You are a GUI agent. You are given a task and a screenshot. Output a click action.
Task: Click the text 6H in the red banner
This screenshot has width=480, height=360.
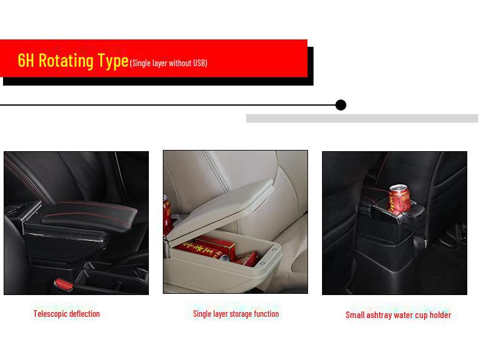point(26,60)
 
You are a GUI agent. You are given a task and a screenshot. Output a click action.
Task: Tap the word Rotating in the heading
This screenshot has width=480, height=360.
point(66,60)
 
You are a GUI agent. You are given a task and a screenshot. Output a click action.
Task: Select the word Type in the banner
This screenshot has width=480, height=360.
point(113,61)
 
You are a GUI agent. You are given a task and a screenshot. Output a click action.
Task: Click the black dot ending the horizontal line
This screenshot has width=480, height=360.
point(341,105)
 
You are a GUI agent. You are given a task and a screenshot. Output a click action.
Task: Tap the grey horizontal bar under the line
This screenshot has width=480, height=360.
point(362,118)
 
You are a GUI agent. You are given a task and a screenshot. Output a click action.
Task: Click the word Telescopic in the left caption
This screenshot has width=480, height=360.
point(50,314)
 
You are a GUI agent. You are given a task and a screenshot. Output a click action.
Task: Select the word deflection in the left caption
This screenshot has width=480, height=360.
point(84,313)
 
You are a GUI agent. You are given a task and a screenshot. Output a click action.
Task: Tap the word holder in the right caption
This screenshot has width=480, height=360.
point(441,314)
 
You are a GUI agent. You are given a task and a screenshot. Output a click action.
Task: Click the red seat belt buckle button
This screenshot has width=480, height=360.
point(64,285)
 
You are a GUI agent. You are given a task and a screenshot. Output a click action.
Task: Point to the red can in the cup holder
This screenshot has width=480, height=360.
point(399,199)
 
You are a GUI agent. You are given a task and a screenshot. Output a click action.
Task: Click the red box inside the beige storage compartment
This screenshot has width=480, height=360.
point(216,247)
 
